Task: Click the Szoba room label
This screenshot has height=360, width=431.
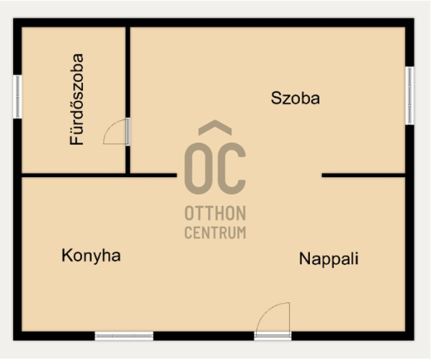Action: pyautogui.click(x=296, y=99)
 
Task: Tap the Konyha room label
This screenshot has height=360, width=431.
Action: pyautogui.click(x=91, y=256)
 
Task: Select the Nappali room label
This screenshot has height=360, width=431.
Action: pyautogui.click(x=329, y=259)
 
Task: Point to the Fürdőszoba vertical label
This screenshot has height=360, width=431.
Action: pyautogui.click(x=76, y=99)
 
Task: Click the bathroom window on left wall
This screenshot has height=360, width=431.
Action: pyautogui.click(x=17, y=96)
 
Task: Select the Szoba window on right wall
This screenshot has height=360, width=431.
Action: pyautogui.click(x=409, y=96)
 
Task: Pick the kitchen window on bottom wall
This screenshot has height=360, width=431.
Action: pyautogui.click(x=124, y=336)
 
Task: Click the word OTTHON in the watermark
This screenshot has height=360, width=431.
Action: pyautogui.click(x=215, y=213)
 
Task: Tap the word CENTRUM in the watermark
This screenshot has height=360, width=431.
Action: pyautogui.click(x=215, y=233)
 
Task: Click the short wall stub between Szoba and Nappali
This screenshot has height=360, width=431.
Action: pyautogui.click(x=364, y=175)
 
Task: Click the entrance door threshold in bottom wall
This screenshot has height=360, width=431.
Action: pyautogui.click(x=272, y=336)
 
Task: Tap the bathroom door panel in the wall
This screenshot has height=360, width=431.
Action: pyautogui.click(x=128, y=132)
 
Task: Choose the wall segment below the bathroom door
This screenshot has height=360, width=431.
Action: pyautogui.click(x=128, y=160)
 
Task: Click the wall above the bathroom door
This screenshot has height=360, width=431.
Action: pyautogui.click(x=128, y=72)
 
